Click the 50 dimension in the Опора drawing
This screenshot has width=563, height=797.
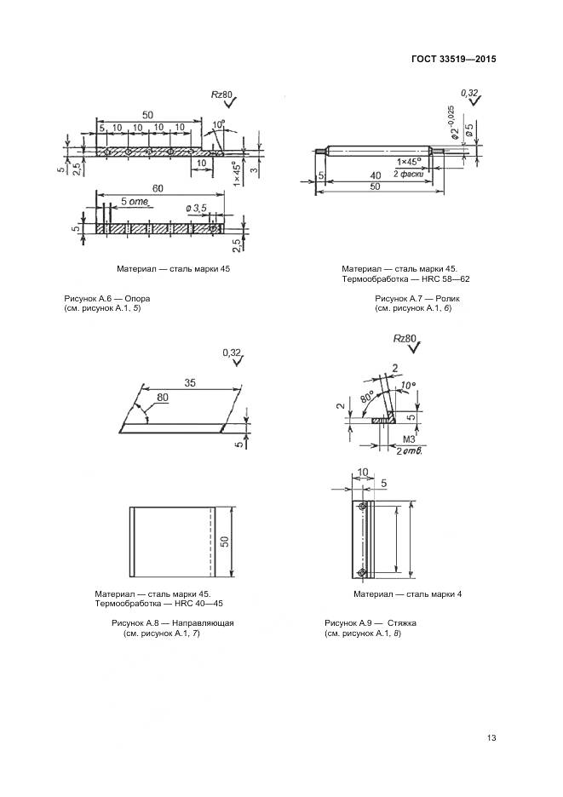[x=147, y=115]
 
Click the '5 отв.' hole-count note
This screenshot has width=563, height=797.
[x=135, y=202]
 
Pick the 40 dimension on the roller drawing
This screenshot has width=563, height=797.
[x=375, y=175]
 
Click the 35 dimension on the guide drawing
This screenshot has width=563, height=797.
[x=189, y=384]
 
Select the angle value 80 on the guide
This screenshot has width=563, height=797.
[x=162, y=397]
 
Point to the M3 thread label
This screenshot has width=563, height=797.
[x=406, y=440]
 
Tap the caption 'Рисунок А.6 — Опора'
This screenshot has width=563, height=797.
[x=107, y=299]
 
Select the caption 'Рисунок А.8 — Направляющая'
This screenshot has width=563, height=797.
[x=172, y=623]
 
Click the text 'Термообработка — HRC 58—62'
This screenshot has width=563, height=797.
[x=405, y=279]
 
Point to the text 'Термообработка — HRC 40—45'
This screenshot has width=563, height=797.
[x=158, y=604]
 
